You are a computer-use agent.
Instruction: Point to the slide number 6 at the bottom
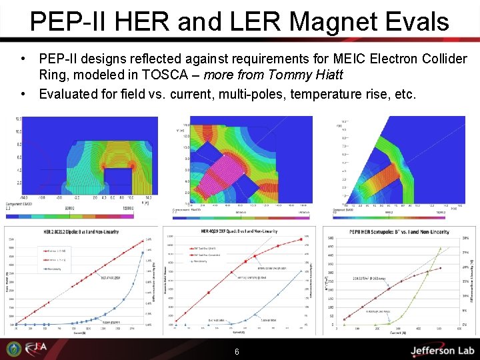(237, 351)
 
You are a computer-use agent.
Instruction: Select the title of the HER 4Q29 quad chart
(237, 231)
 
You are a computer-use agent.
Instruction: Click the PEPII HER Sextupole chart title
(398, 232)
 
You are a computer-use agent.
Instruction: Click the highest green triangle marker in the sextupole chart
(439, 249)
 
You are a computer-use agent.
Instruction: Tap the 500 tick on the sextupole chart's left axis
(329, 239)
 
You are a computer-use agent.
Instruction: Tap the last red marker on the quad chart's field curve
(301, 239)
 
